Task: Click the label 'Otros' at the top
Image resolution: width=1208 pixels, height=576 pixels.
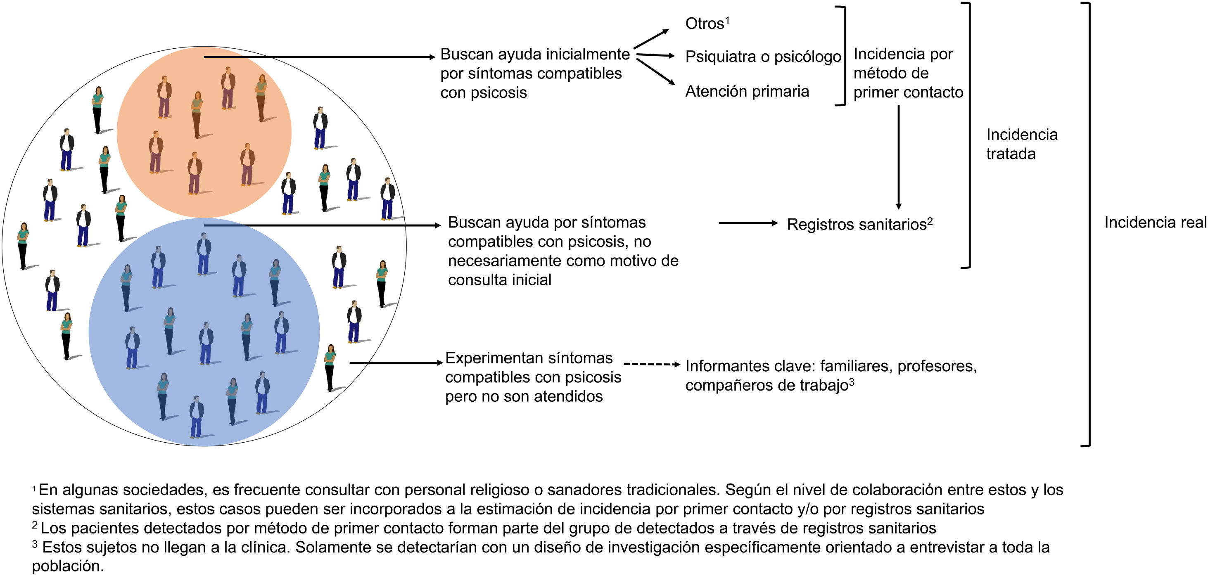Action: coord(704,24)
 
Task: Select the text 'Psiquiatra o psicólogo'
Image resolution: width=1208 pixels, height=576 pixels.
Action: coord(763,57)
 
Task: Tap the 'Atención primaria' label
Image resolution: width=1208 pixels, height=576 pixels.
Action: coord(747,91)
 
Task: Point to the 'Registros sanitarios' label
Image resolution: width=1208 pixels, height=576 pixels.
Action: coord(856,225)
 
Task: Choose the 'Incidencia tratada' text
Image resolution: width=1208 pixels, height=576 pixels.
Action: coord(1021,144)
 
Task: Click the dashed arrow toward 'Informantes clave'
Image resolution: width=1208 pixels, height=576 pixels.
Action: coord(652,364)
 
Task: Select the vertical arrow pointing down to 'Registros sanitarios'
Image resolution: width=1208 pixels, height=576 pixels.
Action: coord(899,157)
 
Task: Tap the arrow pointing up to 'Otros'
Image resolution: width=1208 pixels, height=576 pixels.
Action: coord(651,38)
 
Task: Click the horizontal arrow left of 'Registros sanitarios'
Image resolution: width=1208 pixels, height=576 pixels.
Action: coord(748,223)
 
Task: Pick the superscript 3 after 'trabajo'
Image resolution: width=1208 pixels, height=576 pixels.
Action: coord(852,382)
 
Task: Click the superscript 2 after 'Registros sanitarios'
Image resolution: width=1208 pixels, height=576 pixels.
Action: coord(930,221)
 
